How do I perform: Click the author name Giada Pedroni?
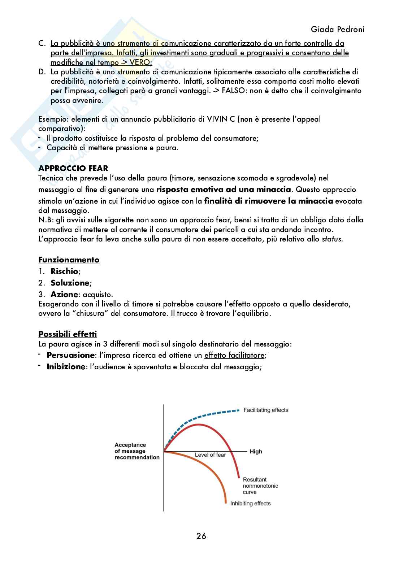(337, 29)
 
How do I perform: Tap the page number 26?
(201, 536)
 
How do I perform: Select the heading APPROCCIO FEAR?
(73, 168)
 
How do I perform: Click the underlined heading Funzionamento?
(69, 260)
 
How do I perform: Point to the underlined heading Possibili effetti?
(68, 334)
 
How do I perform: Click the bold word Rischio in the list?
(64, 271)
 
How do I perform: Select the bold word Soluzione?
(70, 283)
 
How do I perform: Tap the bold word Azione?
(64, 294)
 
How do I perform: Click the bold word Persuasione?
(70, 355)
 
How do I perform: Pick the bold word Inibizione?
(66, 367)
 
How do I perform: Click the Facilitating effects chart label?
(266, 410)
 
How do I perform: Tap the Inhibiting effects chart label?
(250, 503)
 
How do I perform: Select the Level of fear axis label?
(210, 455)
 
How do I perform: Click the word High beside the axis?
(256, 452)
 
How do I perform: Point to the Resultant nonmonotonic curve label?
(260, 486)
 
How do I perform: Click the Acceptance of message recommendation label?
(137, 451)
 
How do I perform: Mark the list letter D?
(42, 72)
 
